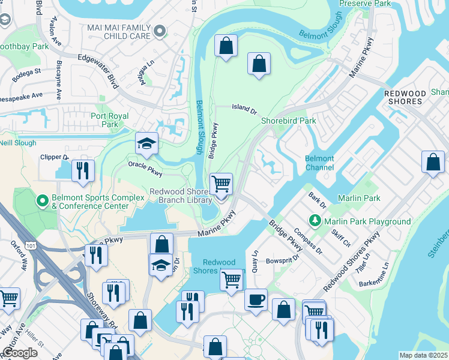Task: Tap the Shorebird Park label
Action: coord(288,121)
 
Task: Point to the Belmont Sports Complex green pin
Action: coord(43,200)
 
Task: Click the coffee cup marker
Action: coord(256,299)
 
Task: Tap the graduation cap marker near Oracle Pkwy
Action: coord(146,144)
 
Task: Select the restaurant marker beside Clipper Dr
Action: coord(83,170)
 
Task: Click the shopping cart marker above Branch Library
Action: coord(221,184)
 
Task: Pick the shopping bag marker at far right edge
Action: coord(433,162)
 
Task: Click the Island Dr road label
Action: coord(244,108)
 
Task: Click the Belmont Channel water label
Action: coord(319,163)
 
